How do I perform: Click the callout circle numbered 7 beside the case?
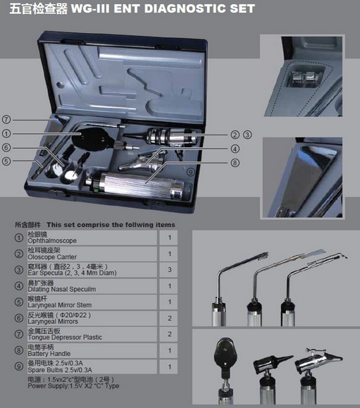click(x=6, y=120)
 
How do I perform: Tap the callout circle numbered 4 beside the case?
click(x=235, y=149)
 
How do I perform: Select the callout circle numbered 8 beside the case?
click(x=235, y=163)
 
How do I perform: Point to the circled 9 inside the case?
click(x=191, y=172)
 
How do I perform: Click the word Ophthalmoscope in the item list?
click(x=52, y=241)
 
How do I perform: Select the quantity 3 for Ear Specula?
click(x=170, y=270)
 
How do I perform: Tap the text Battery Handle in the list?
click(x=49, y=354)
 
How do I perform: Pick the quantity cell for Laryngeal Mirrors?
click(x=170, y=319)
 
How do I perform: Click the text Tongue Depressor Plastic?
click(x=65, y=338)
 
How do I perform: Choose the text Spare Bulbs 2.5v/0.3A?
click(x=60, y=370)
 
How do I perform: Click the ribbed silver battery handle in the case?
click(x=138, y=185)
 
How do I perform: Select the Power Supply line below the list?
click(x=73, y=386)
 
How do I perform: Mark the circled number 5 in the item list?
click(x=19, y=302)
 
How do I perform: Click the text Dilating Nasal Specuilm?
click(x=62, y=289)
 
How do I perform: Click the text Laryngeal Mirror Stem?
click(x=60, y=305)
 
